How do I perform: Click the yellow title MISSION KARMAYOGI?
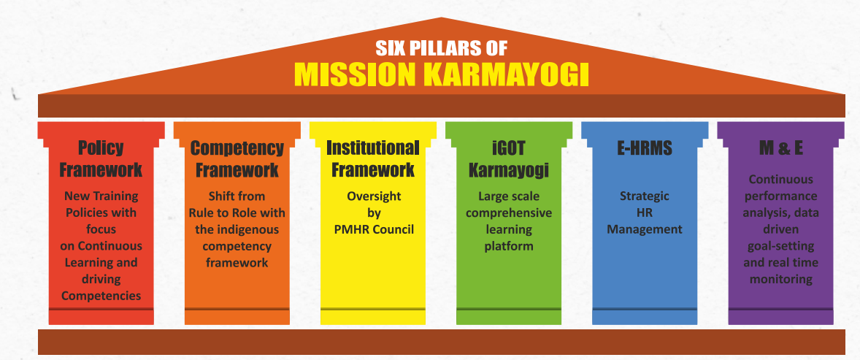click(442, 74)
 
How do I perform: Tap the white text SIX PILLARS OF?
click(442, 48)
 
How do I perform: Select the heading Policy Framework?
click(101, 158)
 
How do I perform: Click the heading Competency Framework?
click(237, 158)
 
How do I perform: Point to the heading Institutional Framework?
click(373, 158)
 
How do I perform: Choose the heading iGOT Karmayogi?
click(509, 158)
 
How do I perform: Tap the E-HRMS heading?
click(645, 148)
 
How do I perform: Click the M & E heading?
click(781, 148)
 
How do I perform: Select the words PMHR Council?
click(374, 229)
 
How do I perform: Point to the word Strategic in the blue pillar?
click(645, 196)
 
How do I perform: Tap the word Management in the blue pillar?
click(645, 229)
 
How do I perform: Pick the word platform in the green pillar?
click(509, 246)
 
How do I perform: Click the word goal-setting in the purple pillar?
click(781, 246)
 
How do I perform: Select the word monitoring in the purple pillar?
click(781, 280)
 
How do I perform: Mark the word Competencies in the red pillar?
click(101, 296)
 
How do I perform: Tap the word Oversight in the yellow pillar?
click(374, 196)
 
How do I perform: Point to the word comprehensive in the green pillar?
click(509, 213)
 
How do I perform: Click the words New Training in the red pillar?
click(101, 196)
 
